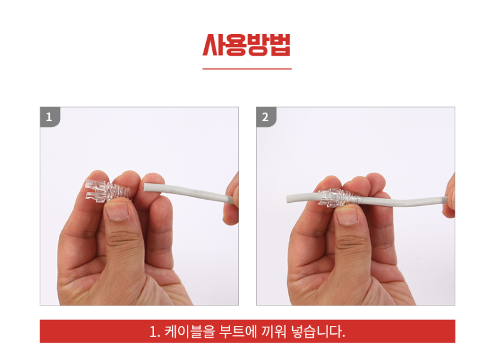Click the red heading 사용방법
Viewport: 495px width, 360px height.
tap(247, 45)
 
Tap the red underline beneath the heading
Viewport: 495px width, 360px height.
tap(247, 69)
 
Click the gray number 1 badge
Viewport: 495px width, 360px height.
tap(49, 116)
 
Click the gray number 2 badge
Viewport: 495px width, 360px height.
tap(266, 116)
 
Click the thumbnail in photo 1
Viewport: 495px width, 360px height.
tap(118, 212)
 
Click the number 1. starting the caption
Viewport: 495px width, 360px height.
tap(155, 331)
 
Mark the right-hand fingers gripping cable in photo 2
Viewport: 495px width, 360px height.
tap(449, 198)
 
